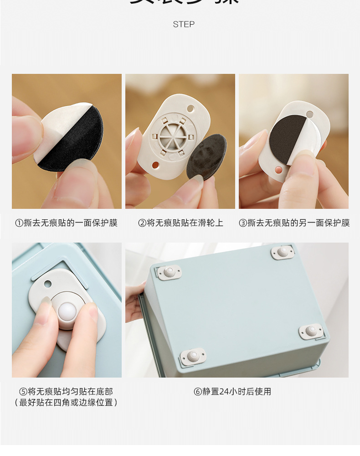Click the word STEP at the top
pyautogui.click(x=184, y=24)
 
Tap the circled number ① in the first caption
pyautogui.click(x=19, y=223)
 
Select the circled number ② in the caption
pyautogui.click(x=142, y=223)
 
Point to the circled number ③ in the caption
pyautogui.click(x=243, y=223)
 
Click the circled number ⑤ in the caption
pyautogui.click(x=23, y=391)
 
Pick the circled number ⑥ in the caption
pyautogui.click(x=198, y=391)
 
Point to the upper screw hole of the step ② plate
pyautogui.click(x=190, y=109)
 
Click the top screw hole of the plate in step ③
pyautogui.click(x=309, y=114)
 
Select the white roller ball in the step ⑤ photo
pyautogui.click(x=67, y=313)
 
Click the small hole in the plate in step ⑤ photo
pyautogui.click(x=47, y=284)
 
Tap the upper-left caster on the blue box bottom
pyautogui.click(x=169, y=272)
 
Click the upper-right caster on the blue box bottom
pyautogui.click(x=283, y=252)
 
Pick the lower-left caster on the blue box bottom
pyautogui.click(x=193, y=356)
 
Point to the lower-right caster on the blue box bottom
pyautogui.click(x=312, y=331)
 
